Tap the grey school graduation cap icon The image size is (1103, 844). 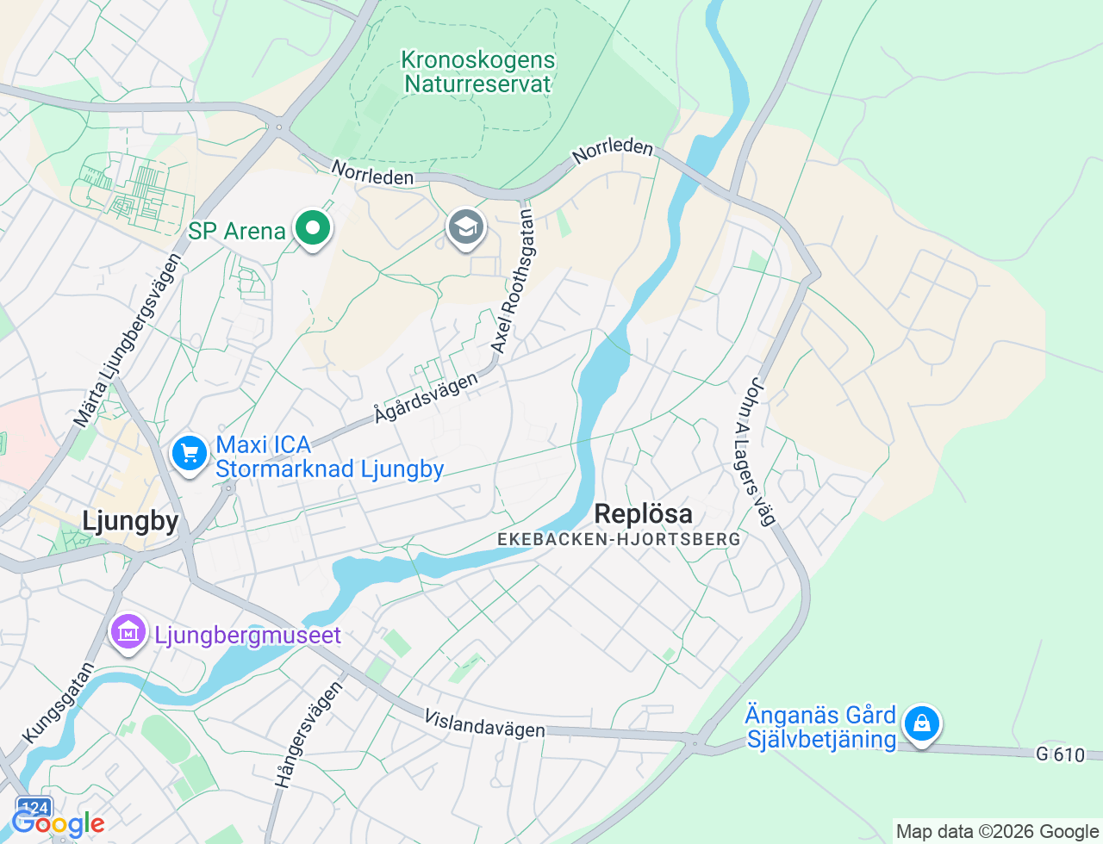coord(466,229)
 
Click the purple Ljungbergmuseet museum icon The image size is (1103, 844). coord(128,634)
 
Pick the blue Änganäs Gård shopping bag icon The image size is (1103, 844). coord(921,724)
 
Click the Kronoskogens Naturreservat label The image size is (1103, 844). coord(478,72)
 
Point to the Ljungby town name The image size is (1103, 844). coord(130,521)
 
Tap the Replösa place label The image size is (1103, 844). coord(643,514)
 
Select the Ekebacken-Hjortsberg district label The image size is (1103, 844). coord(619,540)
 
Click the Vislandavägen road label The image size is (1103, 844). coord(485,723)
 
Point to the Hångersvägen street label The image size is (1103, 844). coord(308,735)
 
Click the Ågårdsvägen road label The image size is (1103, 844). coord(426,398)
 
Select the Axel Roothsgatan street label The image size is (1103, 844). coord(513,277)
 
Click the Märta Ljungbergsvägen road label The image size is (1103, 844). coord(127,340)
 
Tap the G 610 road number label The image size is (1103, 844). coord(1060,755)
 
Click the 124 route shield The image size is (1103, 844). coord(34,808)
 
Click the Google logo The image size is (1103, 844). coord(59,824)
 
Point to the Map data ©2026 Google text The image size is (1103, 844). coord(997,832)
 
